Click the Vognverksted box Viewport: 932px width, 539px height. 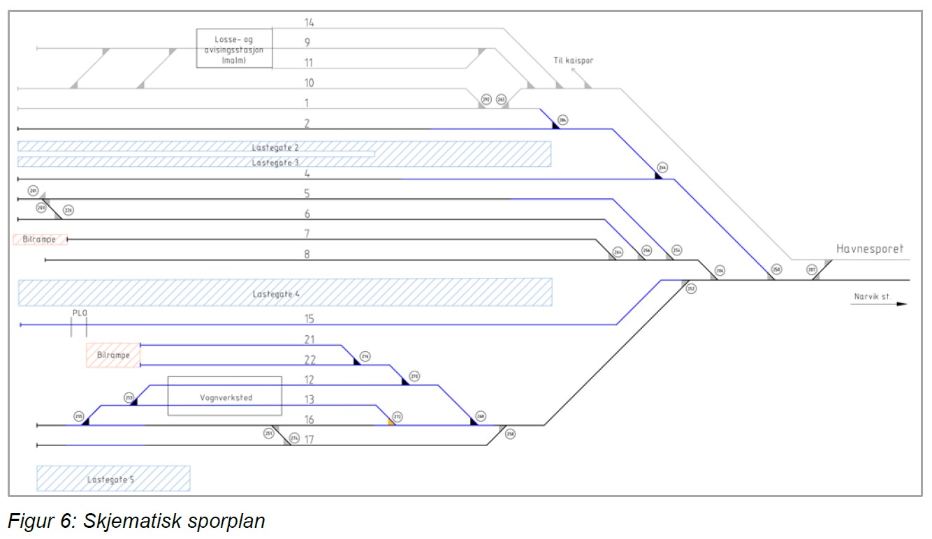pyautogui.click(x=224, y=397)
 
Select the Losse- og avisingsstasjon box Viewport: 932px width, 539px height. pyautogui.click(x=233, y=48)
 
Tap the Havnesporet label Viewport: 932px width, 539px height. pyautogui.click(x=870, y=249)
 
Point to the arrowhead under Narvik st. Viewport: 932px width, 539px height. pyautogui.click(x=901, y=304)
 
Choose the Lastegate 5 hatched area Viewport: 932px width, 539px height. pyautogui.click(x=113, y=479)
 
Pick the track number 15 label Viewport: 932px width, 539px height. pyautogui.click(x=309, y=319)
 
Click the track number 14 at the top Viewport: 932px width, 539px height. pyautogui.click(x=309, y=22)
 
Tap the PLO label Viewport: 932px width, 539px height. pyautogui.click(x=79, y=313)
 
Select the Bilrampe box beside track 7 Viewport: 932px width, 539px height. pyautogui.click(x=40, y=239)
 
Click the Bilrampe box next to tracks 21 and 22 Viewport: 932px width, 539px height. pyautogui.click(x=112, y=355)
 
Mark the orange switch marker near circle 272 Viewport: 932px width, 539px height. pyautogui.click(x=391, y=422)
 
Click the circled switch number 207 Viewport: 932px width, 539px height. pyautogui.click(x=811, y=269)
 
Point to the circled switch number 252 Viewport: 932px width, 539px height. pyautogui.click(x=691, y=288)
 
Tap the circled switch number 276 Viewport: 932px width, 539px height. pyautogui.click(x=365, y=357)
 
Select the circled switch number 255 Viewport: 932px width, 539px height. pyautogui.click(x=79, y=417)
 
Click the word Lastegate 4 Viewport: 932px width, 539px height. pyautogui.click(x=276, y=294)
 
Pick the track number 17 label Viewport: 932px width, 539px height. pyautogui.click(x=309, y=440)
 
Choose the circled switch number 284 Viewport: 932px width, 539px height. pyautogui.click(x=563, y=120)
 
